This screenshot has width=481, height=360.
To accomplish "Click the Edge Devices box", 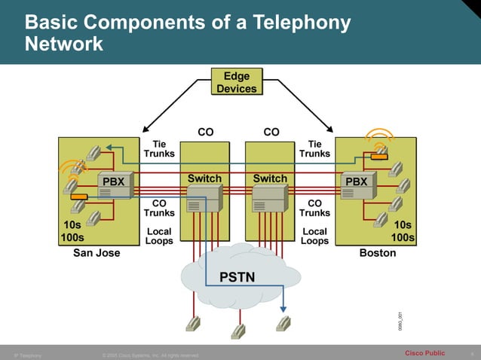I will [x=237, y=82].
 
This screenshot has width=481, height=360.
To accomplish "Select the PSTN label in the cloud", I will [x=237, y=277].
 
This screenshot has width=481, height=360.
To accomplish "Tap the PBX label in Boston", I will [x=356, y=182].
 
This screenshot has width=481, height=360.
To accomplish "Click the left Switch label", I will [x=204, y=178].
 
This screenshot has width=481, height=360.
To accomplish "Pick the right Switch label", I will [x=270, y=178].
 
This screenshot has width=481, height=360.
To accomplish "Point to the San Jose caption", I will [x=97, y=253].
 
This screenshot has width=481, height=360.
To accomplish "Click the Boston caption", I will [x=377, y=253].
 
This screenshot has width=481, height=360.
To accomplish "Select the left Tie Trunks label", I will [x=159, y=148].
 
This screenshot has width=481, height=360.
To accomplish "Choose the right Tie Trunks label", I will [x=314, y=148].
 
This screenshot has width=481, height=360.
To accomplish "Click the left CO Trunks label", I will [x=159, y=208].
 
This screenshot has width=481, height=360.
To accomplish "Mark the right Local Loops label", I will [x=314, y=236].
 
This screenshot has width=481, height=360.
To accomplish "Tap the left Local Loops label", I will [x=159, y=236].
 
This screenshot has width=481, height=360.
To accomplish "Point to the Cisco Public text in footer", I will [x=424, y=353].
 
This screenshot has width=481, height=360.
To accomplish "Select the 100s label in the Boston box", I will [x=403, y=238].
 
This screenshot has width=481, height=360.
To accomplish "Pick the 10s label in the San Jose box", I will [x=72, y=224].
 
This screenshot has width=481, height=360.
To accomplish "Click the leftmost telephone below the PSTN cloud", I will [x=193, y=323].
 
